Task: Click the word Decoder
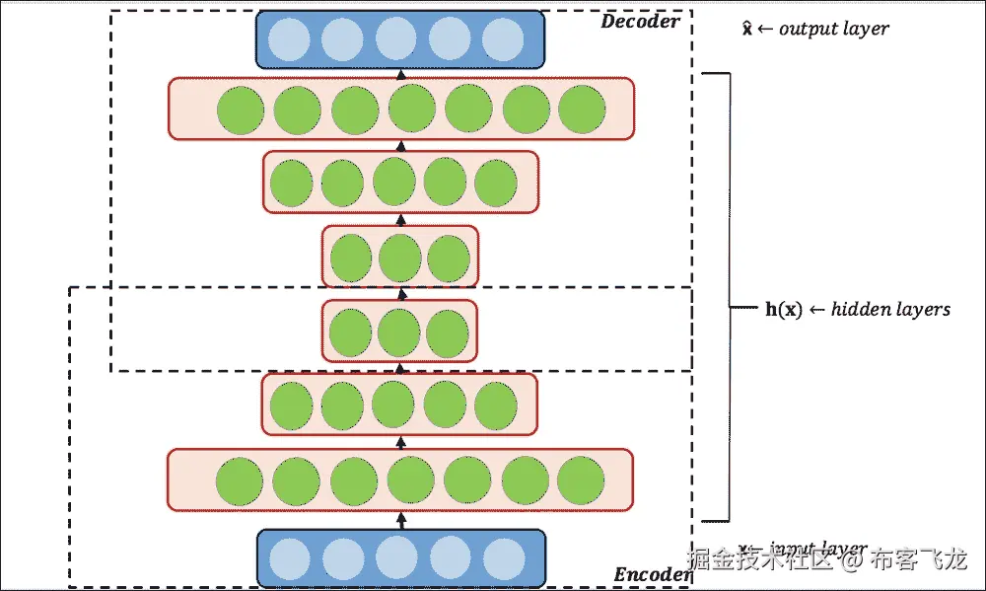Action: click(640, 21)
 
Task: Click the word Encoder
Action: click(652, 574)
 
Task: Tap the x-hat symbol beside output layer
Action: click(747, 28)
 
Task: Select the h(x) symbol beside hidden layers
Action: click(784, 309)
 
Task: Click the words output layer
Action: click(833, 29)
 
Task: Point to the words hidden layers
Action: click(890, 309)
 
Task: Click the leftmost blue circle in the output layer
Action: click(291, 39)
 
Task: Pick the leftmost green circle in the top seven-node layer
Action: click(240, 110)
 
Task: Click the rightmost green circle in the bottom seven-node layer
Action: click(581, 481)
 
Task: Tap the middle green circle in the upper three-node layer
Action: click(399, 257)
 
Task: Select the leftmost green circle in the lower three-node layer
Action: click(351, 332)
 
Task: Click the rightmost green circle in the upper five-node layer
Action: click(496, 183)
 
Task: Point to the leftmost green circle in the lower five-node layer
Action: click(291, 406)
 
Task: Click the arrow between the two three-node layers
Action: click(400, 293)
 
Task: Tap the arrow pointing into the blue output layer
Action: click(400, 73)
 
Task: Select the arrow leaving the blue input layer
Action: click(400, 519)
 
